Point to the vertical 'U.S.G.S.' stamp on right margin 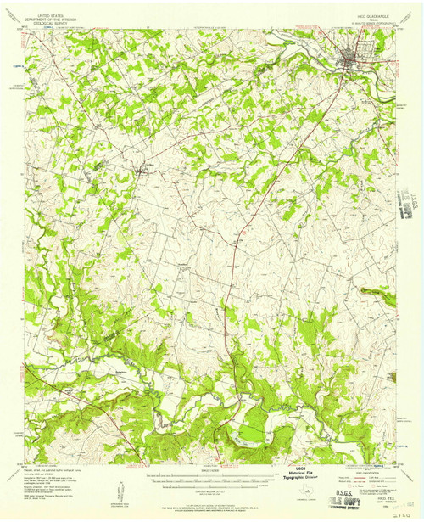(415, 205)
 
